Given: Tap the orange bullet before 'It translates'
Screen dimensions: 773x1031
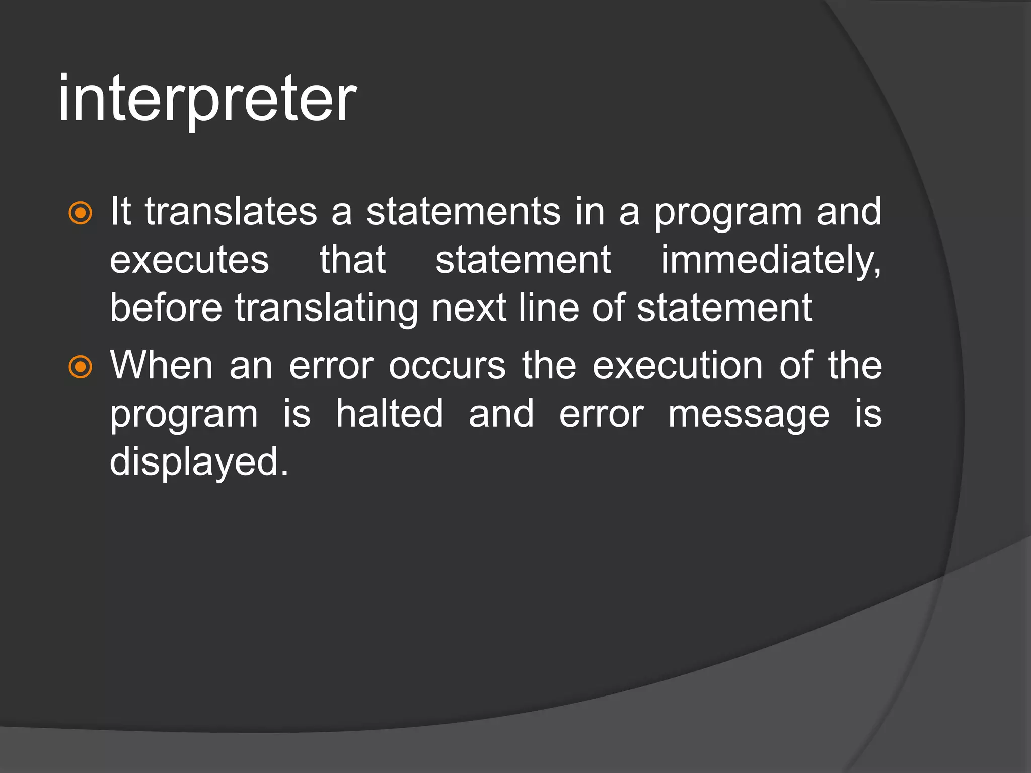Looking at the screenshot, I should [81, 213].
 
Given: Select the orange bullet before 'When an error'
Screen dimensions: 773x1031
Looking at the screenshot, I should [81, 367].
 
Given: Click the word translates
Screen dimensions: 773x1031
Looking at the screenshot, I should [231, 211].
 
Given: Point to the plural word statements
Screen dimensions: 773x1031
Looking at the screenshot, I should [463, 211].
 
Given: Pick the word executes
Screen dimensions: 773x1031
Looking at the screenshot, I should [189, 260].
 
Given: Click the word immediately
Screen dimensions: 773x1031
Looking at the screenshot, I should [771, 261].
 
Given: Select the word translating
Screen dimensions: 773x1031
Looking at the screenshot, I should [326, 308].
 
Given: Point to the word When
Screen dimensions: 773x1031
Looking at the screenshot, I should [162, 365].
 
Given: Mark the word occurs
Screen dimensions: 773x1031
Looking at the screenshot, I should [447, 366].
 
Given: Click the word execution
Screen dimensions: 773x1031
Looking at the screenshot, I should [678, 365].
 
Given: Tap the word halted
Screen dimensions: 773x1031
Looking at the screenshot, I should [390, 413].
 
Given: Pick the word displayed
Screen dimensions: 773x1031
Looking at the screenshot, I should [199, 462].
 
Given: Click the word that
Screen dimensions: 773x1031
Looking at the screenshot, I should [353, 260].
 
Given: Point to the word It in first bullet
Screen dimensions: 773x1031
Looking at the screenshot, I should [121, 211].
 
